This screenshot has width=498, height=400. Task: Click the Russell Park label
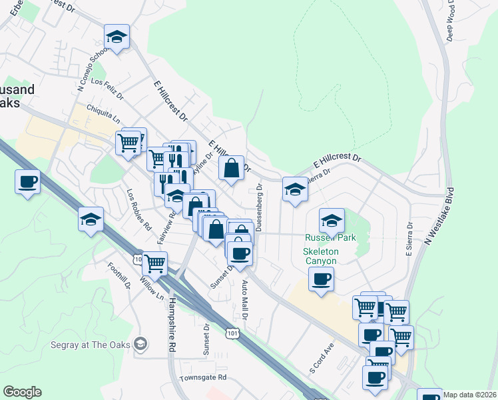330,237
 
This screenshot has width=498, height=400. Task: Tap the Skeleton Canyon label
321,256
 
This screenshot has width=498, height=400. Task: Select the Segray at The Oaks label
91,345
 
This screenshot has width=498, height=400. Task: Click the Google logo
22,392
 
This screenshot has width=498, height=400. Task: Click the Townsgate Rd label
203,377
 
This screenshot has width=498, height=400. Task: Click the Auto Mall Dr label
244,299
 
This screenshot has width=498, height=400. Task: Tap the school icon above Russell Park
332,221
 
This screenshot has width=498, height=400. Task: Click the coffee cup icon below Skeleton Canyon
321,279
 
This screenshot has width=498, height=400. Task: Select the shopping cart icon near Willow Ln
155,263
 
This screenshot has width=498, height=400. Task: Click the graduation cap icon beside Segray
140,344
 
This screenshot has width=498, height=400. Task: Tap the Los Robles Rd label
139,209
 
